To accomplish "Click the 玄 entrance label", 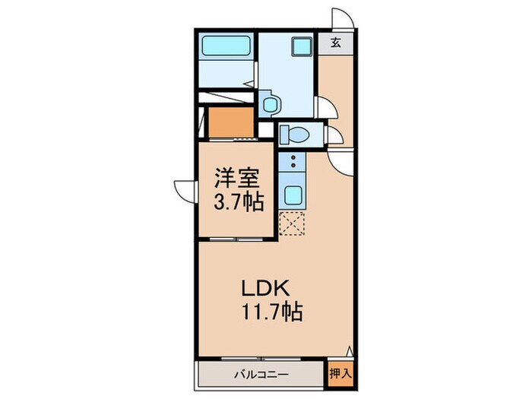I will pos(334,43).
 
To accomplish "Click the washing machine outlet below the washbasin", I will pos(268,103).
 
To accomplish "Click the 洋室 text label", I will pos(237,179).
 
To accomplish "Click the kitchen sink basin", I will pos(292,195).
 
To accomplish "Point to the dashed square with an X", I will pos(292,223).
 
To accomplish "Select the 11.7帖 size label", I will pos(272,312).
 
